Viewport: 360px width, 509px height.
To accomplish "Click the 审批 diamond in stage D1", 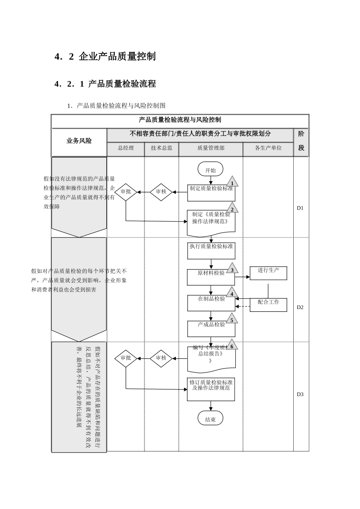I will coord(126,192).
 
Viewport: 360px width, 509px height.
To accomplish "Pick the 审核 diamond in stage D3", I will coord(161,358).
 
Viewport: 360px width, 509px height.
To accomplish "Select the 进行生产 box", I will coord(268,273).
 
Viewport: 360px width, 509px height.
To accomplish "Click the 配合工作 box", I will coord(268,304).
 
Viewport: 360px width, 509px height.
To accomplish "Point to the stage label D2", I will coord(300,307).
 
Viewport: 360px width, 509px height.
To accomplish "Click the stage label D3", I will coord(300,394).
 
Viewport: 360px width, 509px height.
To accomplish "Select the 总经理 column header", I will coord(126,148).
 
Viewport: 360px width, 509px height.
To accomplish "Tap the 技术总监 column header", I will coord(161,148).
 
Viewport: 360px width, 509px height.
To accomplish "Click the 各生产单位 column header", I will coord(268,148).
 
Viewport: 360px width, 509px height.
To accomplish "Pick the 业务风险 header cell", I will coord(79,141).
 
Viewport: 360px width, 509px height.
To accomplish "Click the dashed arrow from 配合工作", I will coord(243,306).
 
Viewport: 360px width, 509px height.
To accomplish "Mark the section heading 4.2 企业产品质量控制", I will coord(105,57).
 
